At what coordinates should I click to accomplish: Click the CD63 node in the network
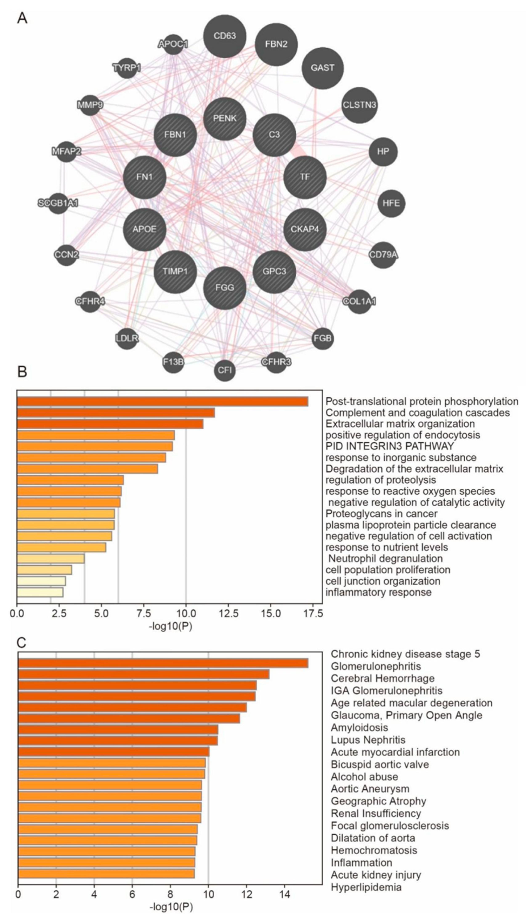pyautogui.click(x=225, y=36)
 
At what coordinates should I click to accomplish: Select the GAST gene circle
pyautogui.click(x=323, y=68)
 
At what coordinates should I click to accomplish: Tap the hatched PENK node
pyautogui.click(x=225, y=119)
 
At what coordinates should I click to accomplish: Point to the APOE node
pyautogui.click(x=145, y=229)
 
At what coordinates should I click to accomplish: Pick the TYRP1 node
pyautogui.click(x=127, y=68)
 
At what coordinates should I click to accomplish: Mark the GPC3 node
pyautogui.click(x=275, y=271)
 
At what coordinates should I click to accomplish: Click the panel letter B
pyautogui.click(x=22, y=372)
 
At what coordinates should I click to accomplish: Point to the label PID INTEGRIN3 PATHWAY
pyautogui.click(x=389, y=446)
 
